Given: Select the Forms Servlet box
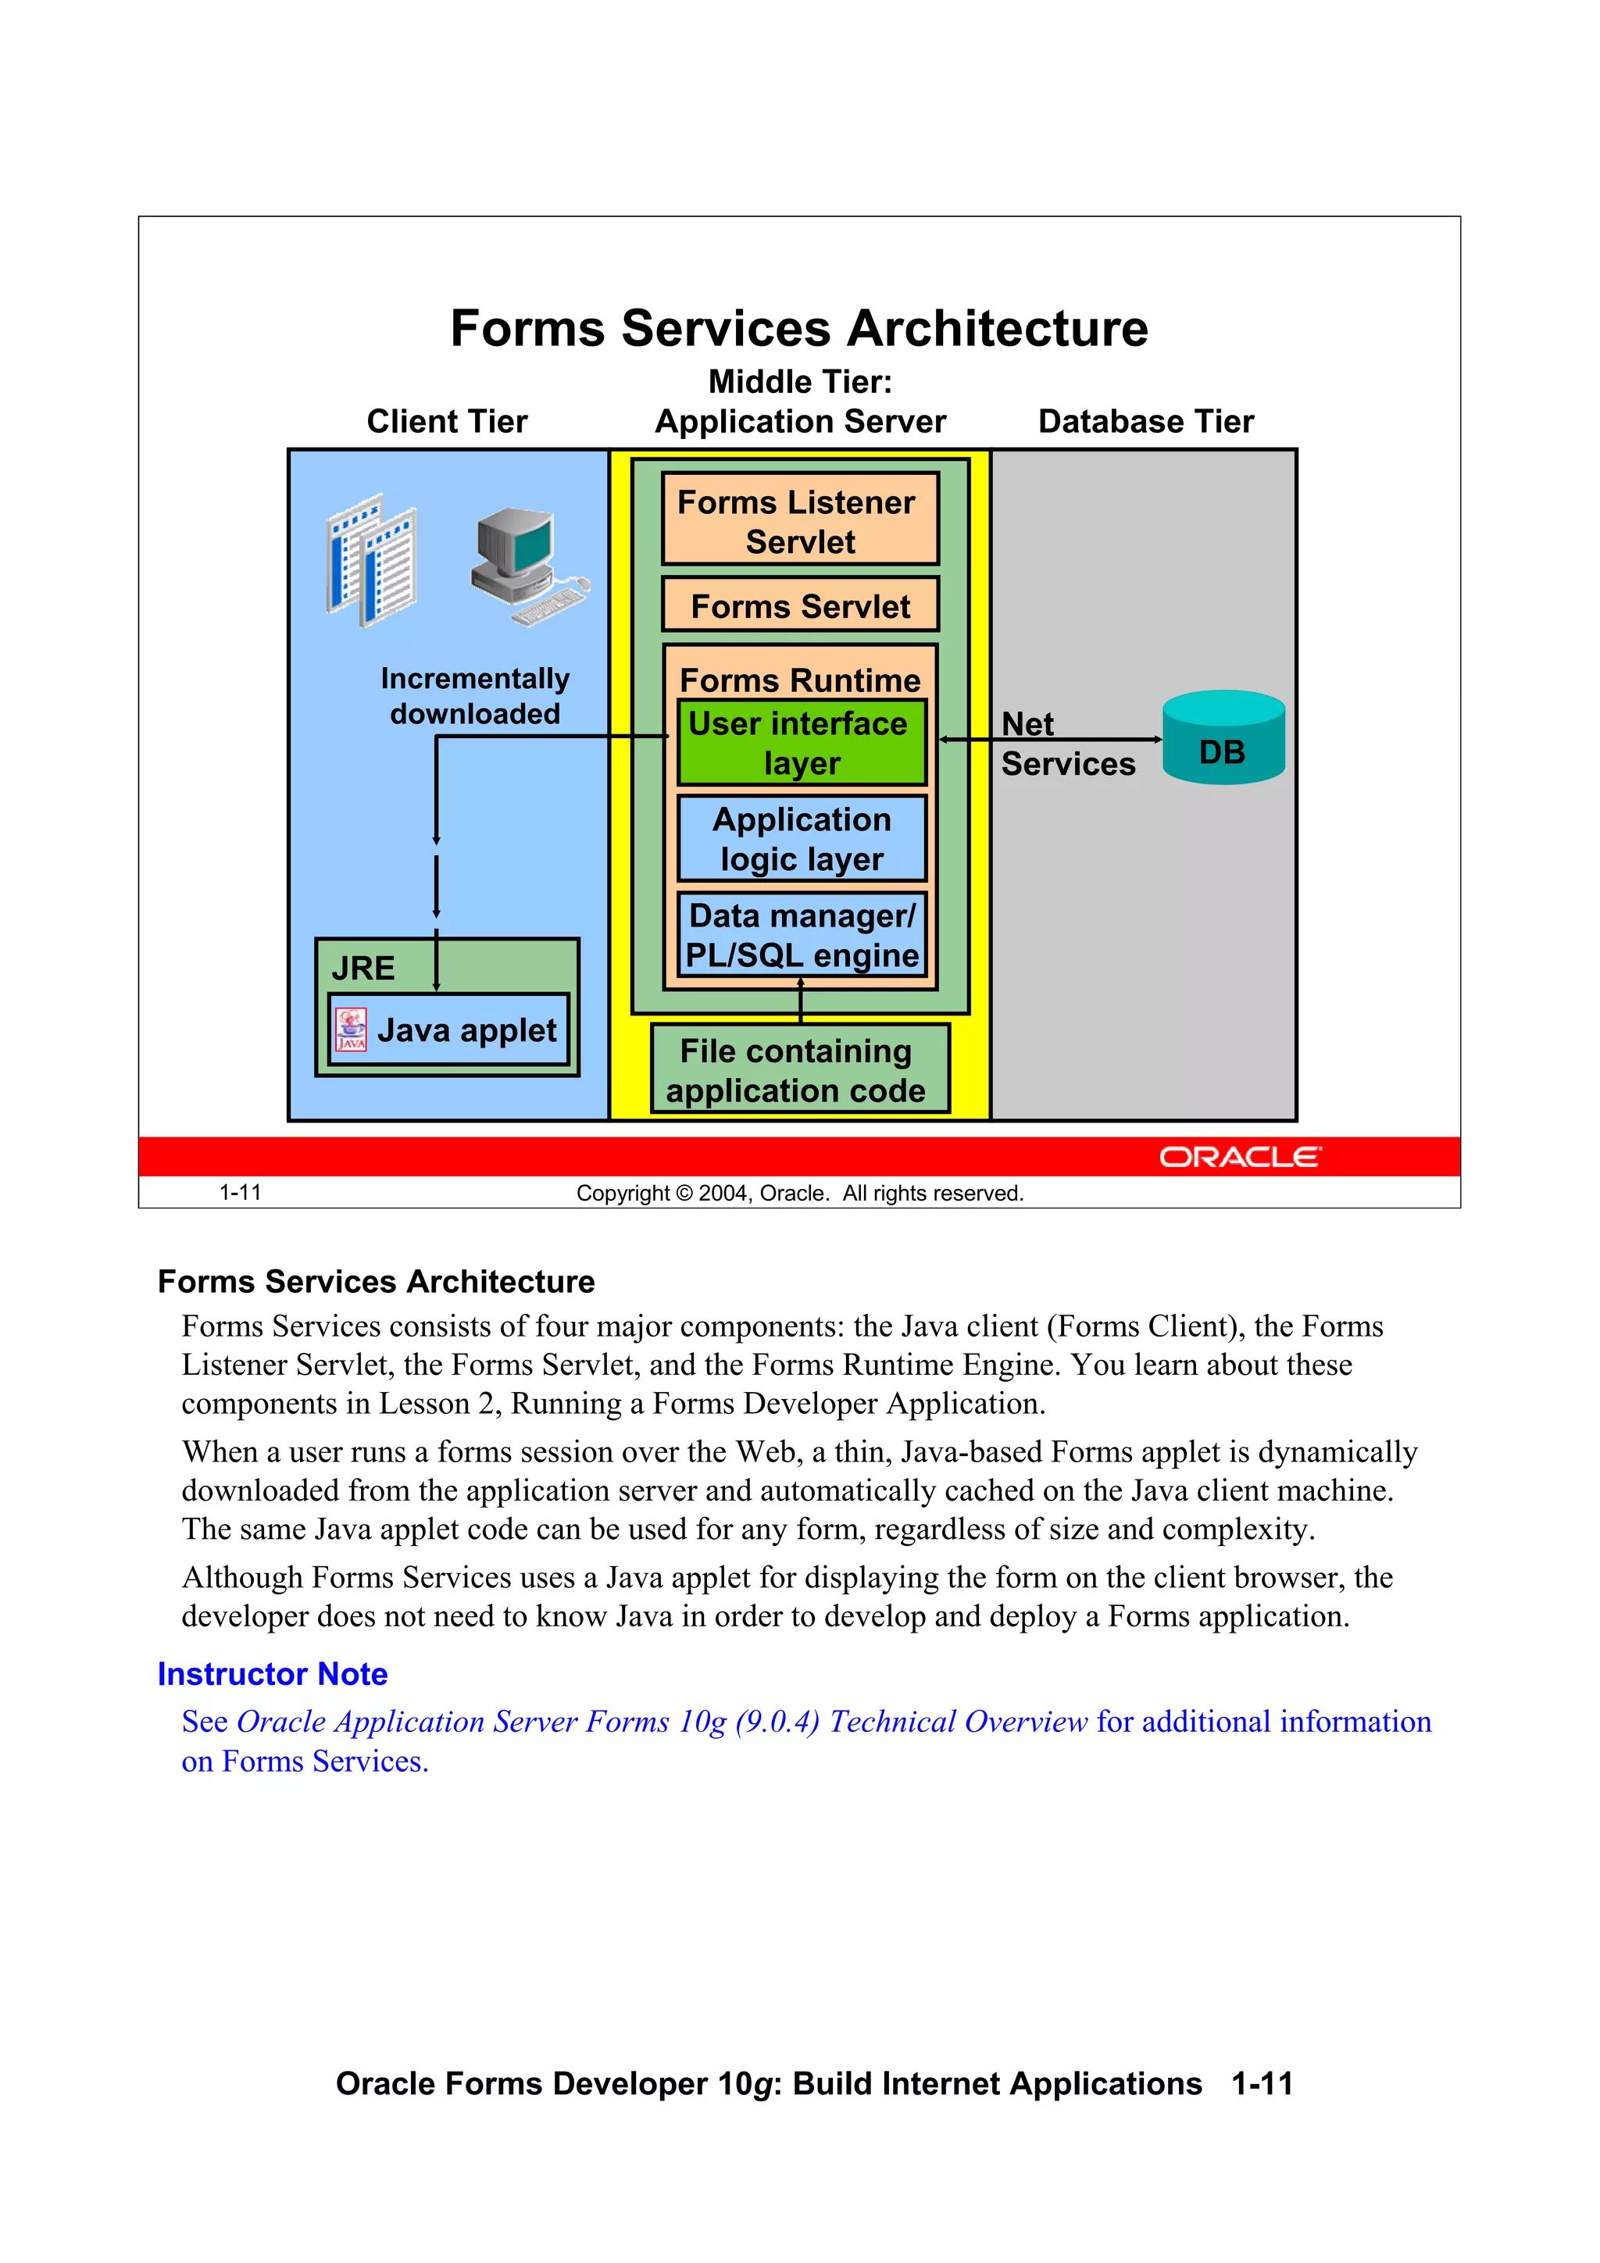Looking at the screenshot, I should [x=799, y=605].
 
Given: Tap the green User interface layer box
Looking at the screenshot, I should [x=801, y=743].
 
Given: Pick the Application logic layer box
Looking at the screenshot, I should [x=801, y=839].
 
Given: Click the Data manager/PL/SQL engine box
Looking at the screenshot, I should [x=801, y=934].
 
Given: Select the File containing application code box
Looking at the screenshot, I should [x=798, y=1070].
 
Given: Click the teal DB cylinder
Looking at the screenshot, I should [x=1223, y=739].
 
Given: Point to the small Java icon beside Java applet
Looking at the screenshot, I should [x=351, y=1030].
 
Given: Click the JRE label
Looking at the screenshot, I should [x=362, y=968].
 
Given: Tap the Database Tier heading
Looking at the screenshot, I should [x=1145, y=422].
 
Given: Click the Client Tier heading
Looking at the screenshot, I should [x=447, y=422].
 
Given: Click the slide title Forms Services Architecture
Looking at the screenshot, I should [x=798, y=328].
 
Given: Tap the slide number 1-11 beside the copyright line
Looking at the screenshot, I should [x=240, y=1193].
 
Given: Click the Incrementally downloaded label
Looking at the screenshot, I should [x=474, y=696].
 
